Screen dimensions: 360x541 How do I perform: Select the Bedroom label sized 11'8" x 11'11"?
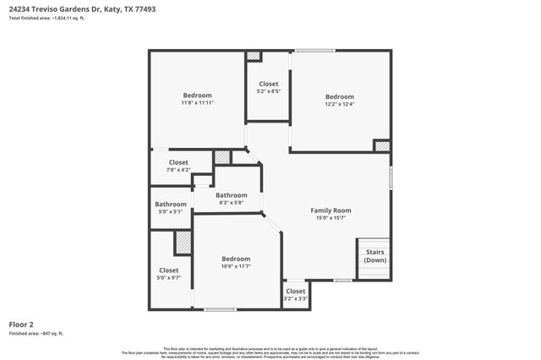click(197, 95)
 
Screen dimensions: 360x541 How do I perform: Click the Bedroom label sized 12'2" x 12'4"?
click(340, 96)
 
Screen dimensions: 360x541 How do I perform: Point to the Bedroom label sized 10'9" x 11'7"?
click(236, 259)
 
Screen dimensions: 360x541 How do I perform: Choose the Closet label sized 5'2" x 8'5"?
click(269, 84)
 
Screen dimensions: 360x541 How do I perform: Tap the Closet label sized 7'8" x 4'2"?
click(178, 162)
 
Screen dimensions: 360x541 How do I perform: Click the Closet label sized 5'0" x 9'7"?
click(169, 270)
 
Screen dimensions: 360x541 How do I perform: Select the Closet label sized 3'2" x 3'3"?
click(296, 292)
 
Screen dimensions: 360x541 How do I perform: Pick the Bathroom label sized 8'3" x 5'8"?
click(231, 195)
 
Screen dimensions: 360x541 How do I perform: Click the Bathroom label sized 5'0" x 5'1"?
click(170, 205)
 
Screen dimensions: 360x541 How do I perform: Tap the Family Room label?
click(331, 210)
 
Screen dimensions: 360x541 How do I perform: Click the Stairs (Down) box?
click(374, 256)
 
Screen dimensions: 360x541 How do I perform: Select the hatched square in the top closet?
click(254, 56)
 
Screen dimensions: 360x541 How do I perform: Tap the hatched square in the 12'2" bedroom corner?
click(383, 146)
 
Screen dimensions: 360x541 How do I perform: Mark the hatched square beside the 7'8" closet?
click(222, 157)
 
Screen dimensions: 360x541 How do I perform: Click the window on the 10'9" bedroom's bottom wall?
click(220, 309)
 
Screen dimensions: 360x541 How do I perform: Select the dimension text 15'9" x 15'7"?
click(331, 218)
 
